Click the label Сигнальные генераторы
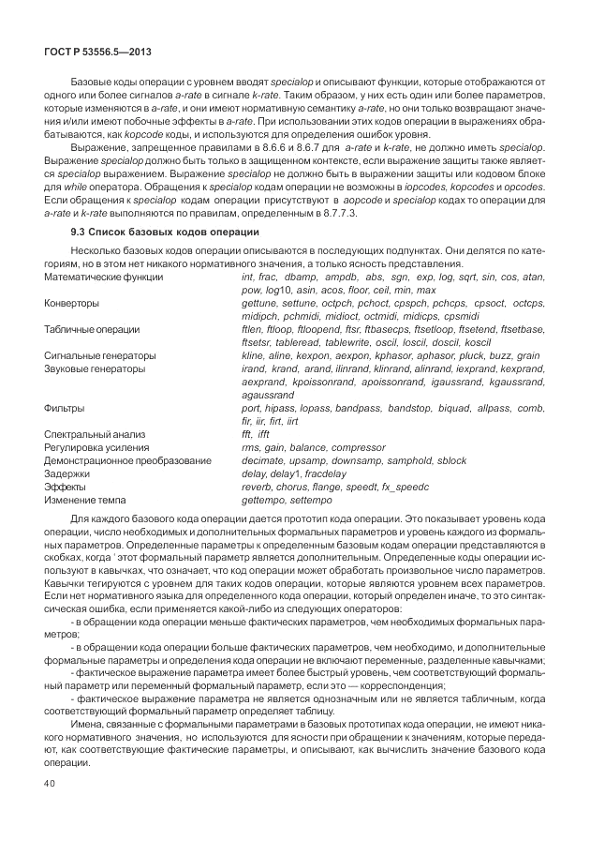[100, 356]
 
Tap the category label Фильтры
[65, 409]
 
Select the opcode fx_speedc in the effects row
[403, 488]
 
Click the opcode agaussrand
[268, 396]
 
